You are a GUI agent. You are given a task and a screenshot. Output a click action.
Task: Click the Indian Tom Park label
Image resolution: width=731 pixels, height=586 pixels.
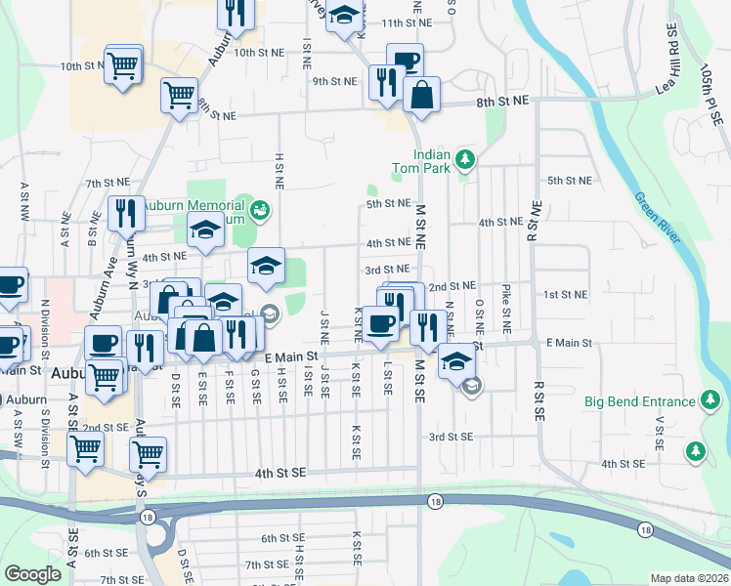pyautogui.click(x=431, y=160)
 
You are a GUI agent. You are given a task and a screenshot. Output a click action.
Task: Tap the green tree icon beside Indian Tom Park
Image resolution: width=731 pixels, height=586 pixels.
pyautogui.click(x=466, y=158)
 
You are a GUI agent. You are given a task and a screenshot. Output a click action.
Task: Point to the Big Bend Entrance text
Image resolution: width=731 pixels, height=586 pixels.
pyautogui.click(x=639, y=401)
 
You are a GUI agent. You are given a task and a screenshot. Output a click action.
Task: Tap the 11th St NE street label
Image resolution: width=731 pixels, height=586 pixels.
pyautogui.click(x=407, y=21)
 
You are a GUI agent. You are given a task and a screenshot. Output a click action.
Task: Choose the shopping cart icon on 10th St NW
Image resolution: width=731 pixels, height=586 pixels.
pyautogui.click(x=123, y=65)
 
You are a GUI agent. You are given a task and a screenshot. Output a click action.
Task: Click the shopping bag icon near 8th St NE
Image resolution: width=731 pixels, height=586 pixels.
pyautogui.click(x=421, y=95)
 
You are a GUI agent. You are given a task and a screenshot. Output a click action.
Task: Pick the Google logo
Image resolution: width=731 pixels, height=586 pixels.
pyautogui.click(x=32, y=574)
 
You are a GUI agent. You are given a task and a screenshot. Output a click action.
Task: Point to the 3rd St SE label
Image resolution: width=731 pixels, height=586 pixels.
pyautogui.click(x=451, y=437)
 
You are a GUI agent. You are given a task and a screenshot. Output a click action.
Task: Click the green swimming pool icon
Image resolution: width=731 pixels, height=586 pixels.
pyautogui.click(x=260, y=209)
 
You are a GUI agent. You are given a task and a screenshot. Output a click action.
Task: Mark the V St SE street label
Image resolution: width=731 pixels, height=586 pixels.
pyautogui.click(x=661, y=433)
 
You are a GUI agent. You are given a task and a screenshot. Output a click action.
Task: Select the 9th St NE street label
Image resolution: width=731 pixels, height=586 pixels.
pyautogui.click(x=334, y=81)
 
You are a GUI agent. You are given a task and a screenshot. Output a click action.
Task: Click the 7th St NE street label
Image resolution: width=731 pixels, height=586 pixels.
pyautogui.click(x=108, y=183)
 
